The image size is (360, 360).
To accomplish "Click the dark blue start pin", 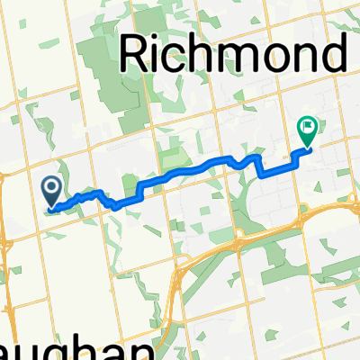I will coord(51,189).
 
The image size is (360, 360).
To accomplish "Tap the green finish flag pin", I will coord(308,131).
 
